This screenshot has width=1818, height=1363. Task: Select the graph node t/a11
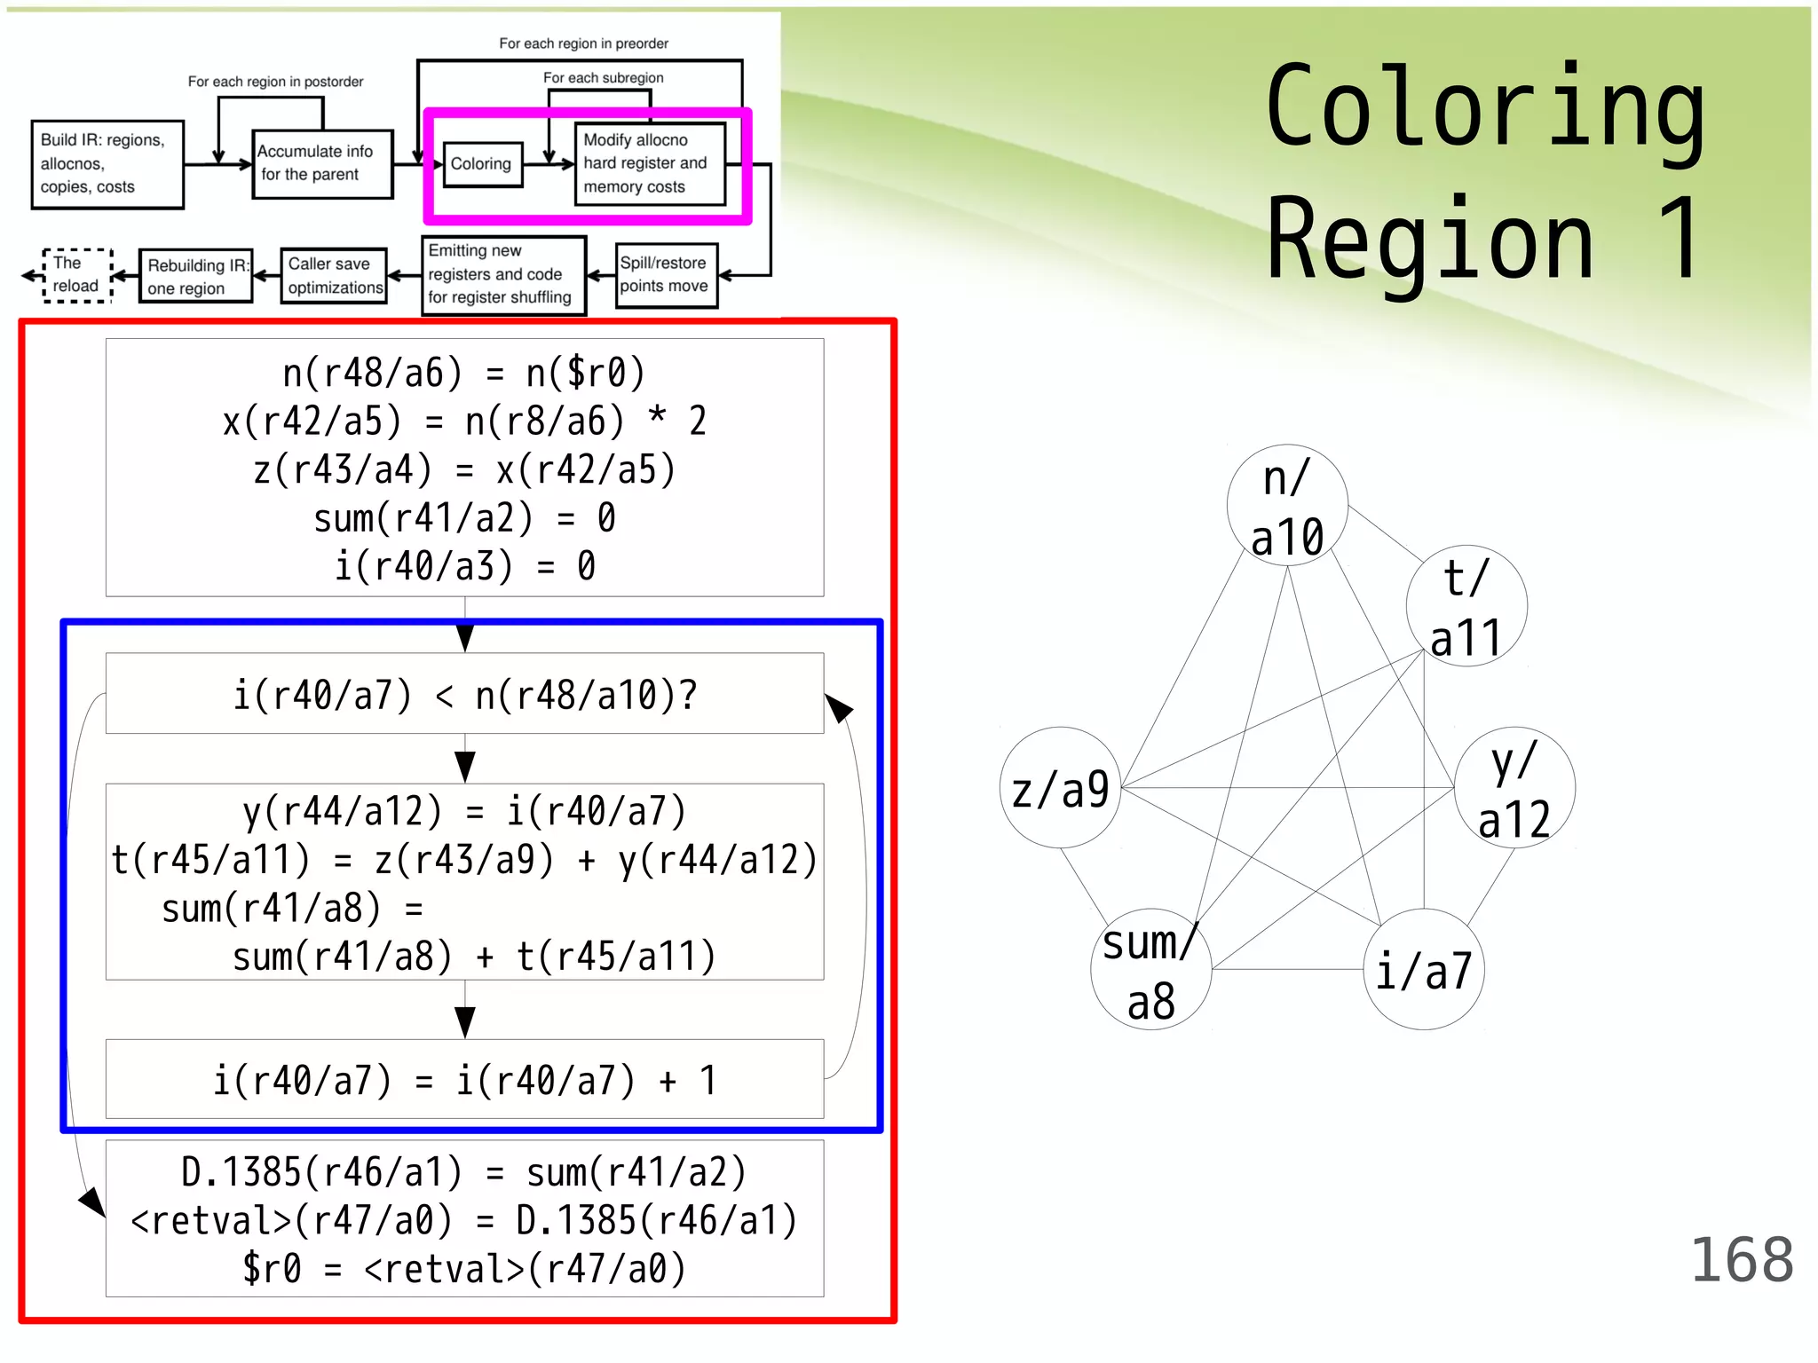1466,607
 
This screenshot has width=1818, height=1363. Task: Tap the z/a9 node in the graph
1061,788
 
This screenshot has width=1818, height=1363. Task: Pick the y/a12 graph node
1514,788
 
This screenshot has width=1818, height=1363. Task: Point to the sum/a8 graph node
1151,969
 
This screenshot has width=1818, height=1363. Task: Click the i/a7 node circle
1424,969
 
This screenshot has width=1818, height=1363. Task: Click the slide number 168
1742,1259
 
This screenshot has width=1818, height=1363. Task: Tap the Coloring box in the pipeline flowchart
482,164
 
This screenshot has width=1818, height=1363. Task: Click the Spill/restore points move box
666,275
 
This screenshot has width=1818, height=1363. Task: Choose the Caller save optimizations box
335,276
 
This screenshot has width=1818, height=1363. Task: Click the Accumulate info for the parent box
321,164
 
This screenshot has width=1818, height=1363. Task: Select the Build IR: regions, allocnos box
107,164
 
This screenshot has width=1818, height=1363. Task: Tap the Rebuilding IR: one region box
196,276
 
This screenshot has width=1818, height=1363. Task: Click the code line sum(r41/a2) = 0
464,518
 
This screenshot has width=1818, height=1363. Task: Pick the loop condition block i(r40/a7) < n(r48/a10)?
464,694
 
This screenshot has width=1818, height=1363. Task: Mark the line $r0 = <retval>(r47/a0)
464,1269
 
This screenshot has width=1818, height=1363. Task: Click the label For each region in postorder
275,82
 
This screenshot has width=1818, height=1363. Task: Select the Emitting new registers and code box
503,275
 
